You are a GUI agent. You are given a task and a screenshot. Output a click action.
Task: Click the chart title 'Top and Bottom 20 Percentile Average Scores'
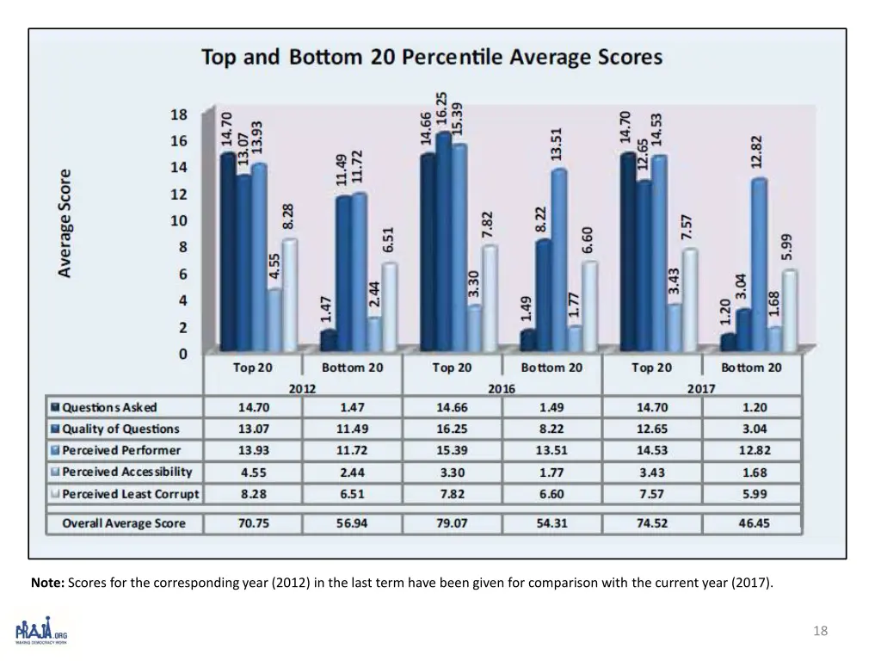tap(432, 59)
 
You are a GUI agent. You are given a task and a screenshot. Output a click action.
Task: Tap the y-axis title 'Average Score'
tap(65, 222)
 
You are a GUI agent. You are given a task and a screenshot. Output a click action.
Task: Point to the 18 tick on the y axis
tap(177, 114)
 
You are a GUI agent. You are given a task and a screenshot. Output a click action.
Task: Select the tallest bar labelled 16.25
tap(444, 241)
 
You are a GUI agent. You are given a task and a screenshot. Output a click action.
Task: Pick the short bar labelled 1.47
tap(328, 341)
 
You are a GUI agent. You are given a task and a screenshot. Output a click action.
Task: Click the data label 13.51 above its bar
tap(557, 143)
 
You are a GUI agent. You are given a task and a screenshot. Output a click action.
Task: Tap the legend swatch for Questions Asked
tap(55, 408)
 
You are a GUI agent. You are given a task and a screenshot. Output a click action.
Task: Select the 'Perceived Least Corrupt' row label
tap(130, 494)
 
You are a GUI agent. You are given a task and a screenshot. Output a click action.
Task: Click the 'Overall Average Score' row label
tap(123, 522)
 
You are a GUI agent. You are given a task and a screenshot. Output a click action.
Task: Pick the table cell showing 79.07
tap(453, 522)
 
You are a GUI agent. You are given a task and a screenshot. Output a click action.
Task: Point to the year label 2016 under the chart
tap(502, 388)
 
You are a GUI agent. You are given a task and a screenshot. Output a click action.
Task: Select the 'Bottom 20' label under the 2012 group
tap(352, 368)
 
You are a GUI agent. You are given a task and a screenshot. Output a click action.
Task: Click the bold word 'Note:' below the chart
tap(46, 583)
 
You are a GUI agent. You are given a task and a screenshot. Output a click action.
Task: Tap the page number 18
tap(820, 631)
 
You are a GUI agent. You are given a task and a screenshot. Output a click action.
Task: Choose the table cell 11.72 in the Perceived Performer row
tap(352, 450)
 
